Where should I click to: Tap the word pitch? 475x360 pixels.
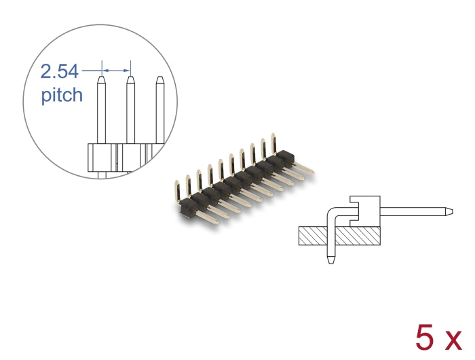[x=62, y=94]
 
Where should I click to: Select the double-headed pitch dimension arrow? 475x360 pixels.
[x=116, y=69]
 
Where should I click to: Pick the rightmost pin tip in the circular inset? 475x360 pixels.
[x=160, y=81]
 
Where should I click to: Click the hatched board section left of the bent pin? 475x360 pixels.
[x=313, y=236]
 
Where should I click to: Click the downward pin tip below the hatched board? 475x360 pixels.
[x=330, y=260]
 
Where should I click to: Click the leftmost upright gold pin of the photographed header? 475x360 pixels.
[x=178, y=191]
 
